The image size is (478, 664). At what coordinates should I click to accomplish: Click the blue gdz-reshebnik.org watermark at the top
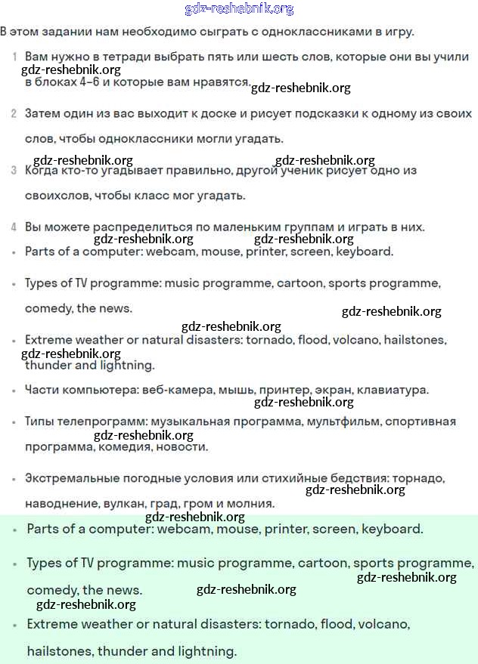tap(239, 9)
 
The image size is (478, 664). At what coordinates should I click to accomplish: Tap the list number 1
tap(14, 57)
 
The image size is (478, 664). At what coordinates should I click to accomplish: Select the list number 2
tap(14, 113)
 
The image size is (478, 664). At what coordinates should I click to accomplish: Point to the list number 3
tap(14, 171)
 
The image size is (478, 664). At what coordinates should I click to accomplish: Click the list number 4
tap(14, 227)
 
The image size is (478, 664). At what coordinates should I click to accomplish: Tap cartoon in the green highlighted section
tap(323, 564)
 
